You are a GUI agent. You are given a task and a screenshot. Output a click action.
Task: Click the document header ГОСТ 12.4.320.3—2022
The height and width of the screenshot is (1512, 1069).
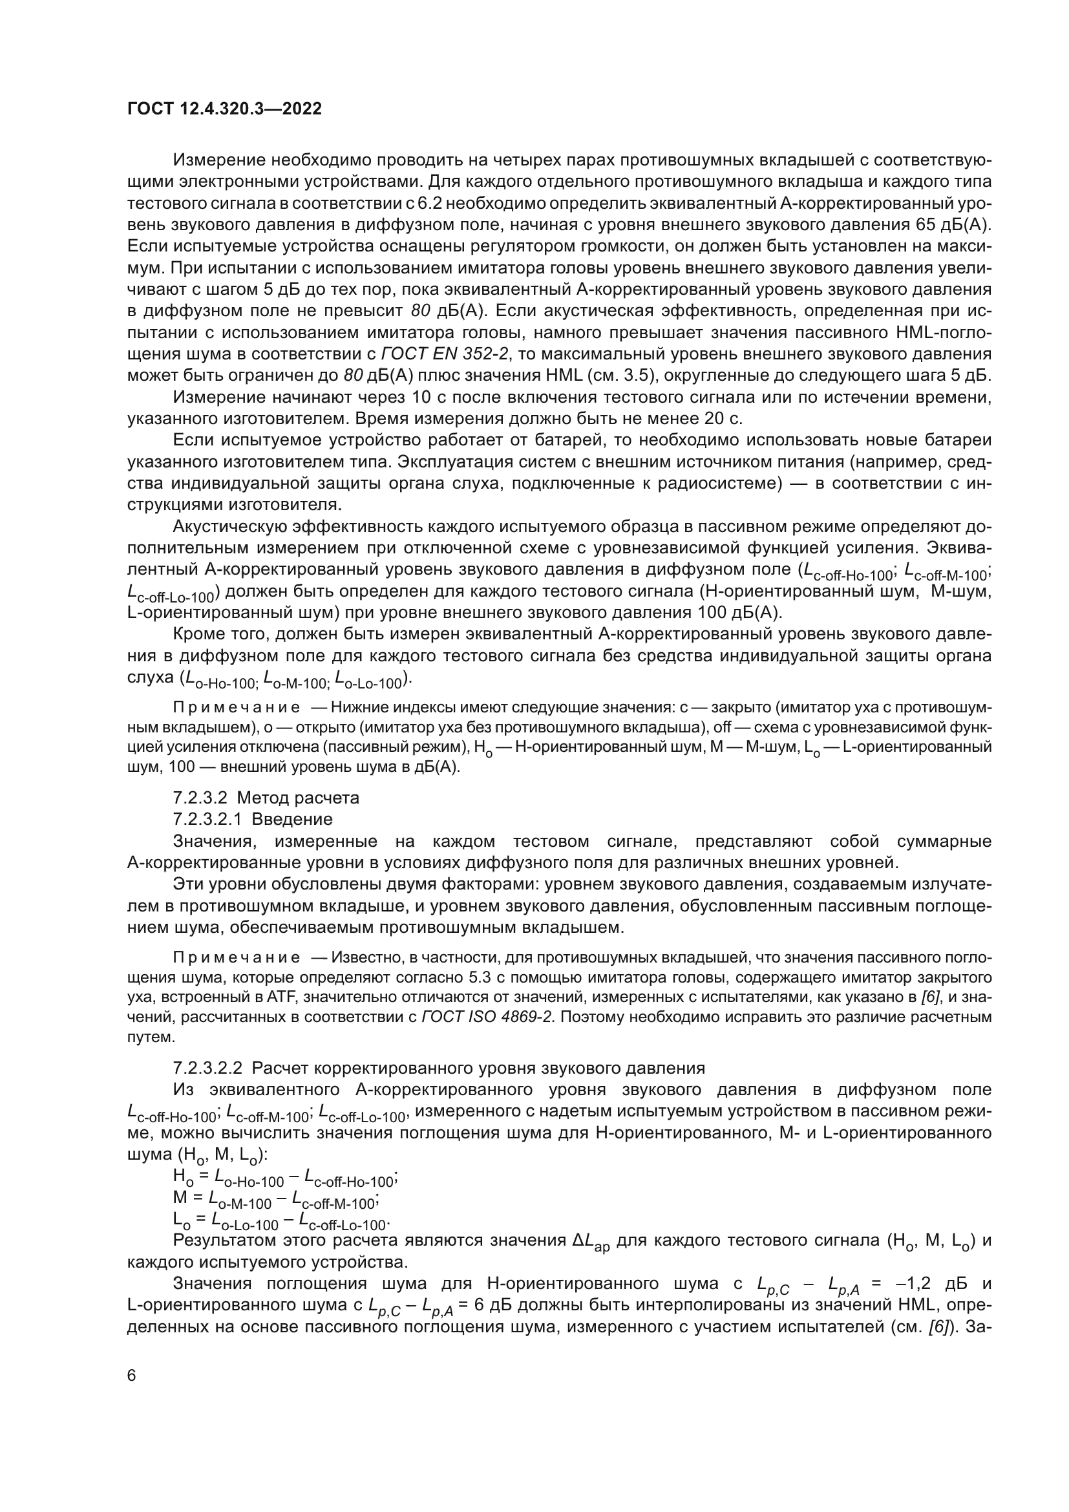(224, 109)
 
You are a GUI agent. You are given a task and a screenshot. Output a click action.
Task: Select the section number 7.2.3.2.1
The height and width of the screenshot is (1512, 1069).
(207, 819)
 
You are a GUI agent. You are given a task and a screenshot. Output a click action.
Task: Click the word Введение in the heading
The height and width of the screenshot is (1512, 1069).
(292, 819)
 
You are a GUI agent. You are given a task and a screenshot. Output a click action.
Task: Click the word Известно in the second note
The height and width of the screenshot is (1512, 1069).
(361, 957)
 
